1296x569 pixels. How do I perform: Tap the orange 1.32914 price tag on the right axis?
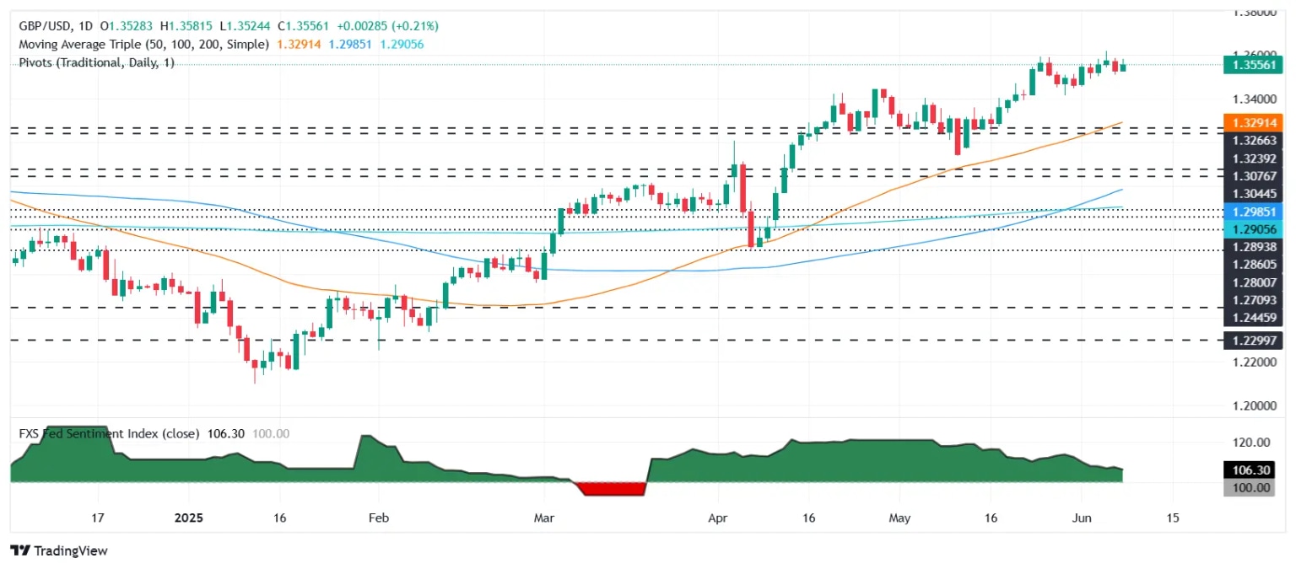(x=1252, y=122)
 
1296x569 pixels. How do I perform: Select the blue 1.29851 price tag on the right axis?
(x=1252, y=211)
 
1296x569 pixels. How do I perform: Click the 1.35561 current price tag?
(x=1252, y=64)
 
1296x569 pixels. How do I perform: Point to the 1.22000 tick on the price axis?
(x=1252, y=362)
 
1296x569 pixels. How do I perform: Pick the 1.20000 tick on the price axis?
(x=1252, y=405)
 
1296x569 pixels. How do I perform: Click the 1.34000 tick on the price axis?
(x=1252, y=99)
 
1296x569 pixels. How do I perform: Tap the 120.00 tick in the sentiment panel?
(x=1252, y=442)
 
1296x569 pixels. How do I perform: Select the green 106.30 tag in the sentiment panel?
(x=1252, y=470)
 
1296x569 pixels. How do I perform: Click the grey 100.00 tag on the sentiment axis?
(x=1252, y=488)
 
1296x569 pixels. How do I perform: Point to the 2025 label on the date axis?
(x=188, y=517)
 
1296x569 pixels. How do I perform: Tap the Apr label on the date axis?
(x=717, y=517)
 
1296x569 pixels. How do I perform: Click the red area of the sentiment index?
(x=609, y=489)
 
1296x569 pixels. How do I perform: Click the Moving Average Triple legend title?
(x=143, y=44)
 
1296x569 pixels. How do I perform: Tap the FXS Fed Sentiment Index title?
(x=109, y=433)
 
